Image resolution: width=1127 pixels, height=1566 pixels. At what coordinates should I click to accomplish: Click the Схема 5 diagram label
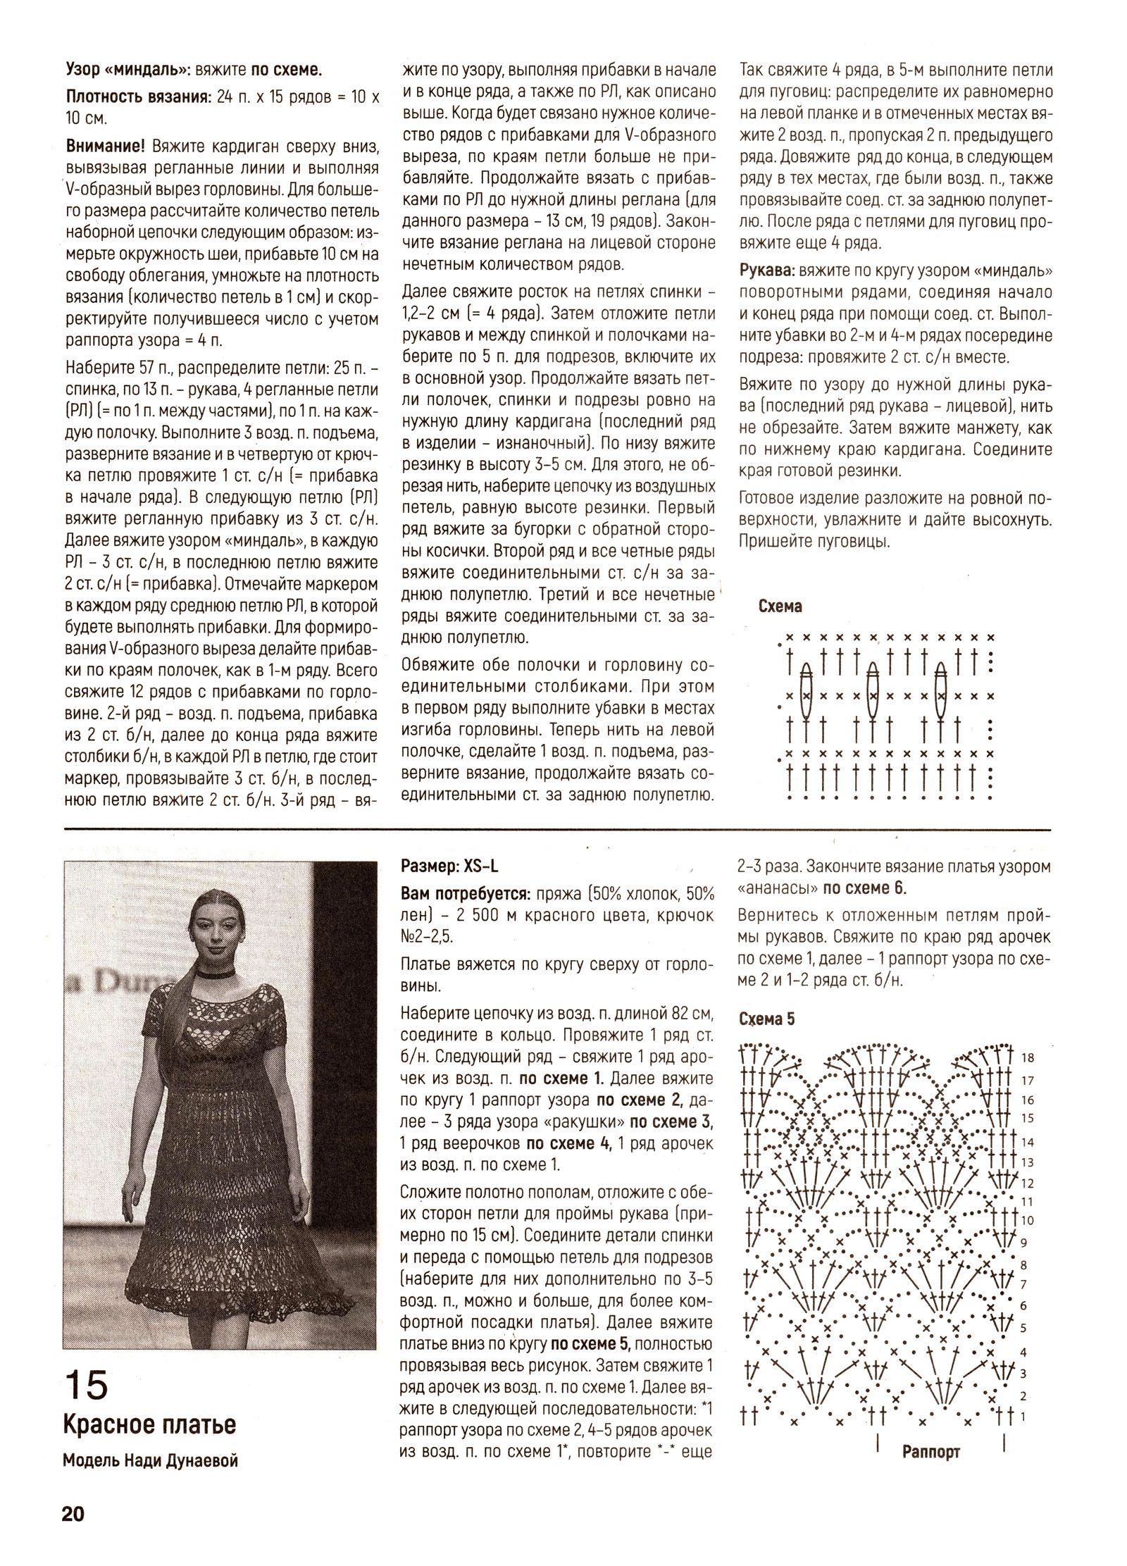tap(767, 1019)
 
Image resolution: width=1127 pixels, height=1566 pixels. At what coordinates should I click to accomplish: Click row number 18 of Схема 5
tap(1027, 1058)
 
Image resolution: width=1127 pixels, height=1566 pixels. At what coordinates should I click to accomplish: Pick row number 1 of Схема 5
tap(1023, 1415)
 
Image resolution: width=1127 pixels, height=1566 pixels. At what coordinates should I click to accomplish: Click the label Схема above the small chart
tap(780, 607)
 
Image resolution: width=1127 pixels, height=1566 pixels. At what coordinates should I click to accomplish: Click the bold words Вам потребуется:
tap(464, 894)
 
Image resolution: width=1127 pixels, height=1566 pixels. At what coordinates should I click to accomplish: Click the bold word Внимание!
tap(105, 146)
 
